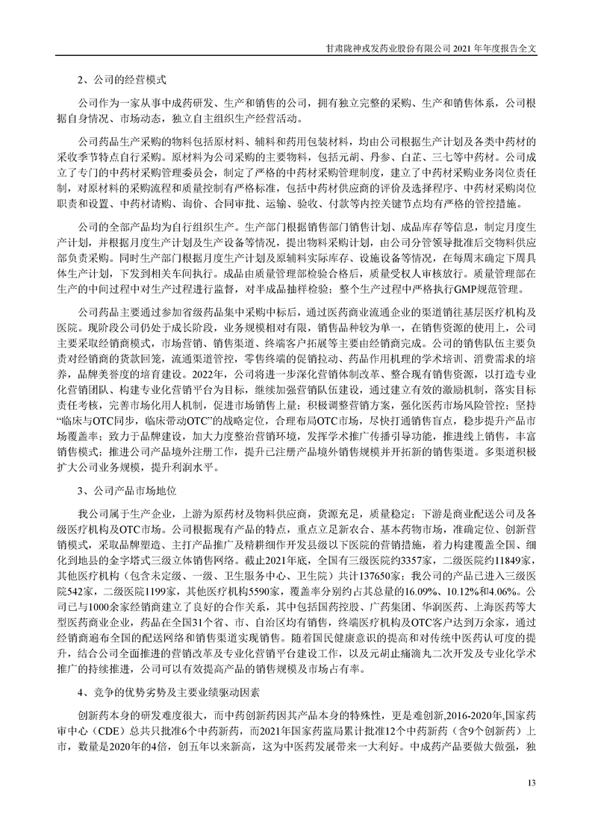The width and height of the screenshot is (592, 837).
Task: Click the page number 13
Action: [532, 783]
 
